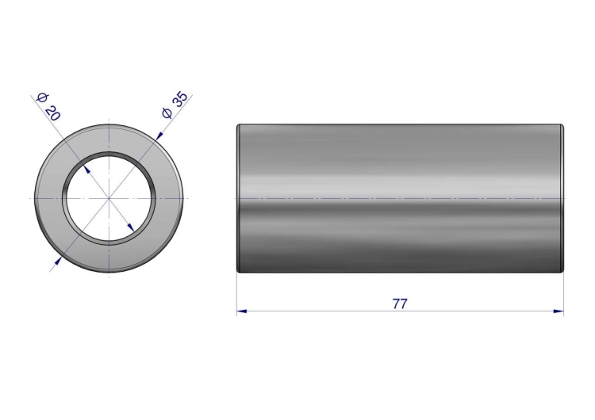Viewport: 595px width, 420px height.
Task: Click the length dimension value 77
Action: click(x=400, y=304)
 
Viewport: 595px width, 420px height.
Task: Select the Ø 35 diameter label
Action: click(x=175, y=105)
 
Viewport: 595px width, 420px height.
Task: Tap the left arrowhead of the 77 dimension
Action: click(x=242, y=311)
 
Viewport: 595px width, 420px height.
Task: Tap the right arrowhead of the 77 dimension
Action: click(x=559, y=311)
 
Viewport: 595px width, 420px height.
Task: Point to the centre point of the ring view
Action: click(x=109, y=198)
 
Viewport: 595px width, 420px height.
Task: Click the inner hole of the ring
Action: click(x=109, y=198)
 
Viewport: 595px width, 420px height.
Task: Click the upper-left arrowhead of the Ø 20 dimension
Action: click(x=87, y=169)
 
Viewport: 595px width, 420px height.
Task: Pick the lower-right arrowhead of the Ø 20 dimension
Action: click(x=131, y=227)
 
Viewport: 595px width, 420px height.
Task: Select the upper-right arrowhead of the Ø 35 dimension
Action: click(x=159, y=136)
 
